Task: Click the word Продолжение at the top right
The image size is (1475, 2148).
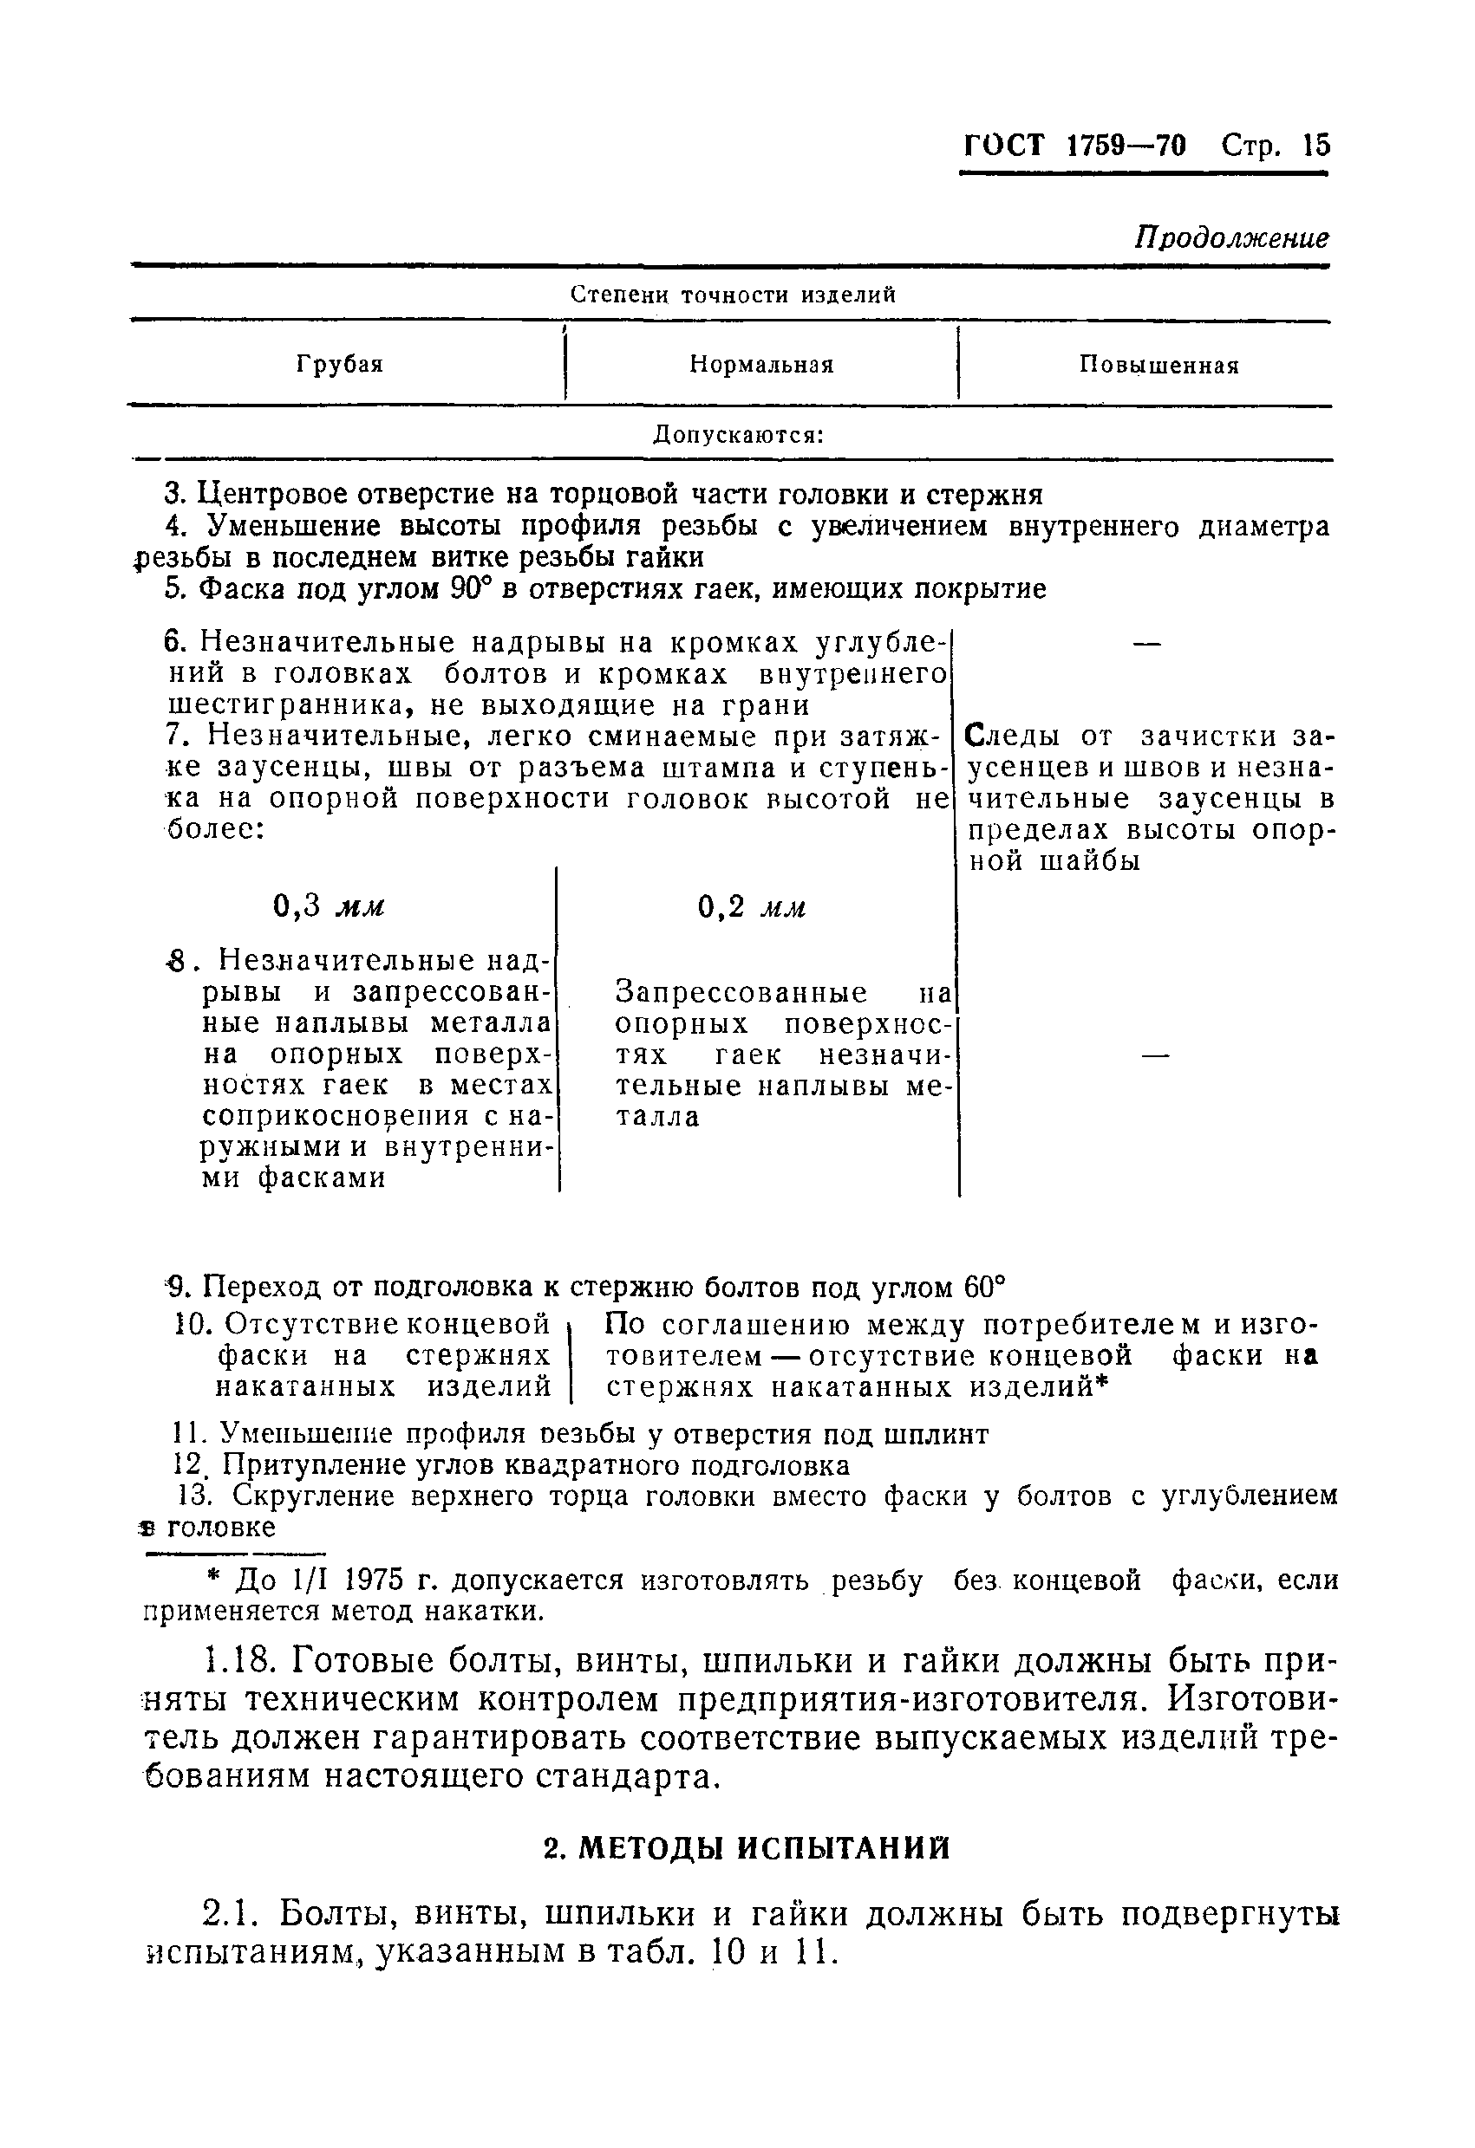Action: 1232,238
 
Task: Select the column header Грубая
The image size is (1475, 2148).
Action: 339,364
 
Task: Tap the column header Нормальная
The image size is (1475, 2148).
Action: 761,365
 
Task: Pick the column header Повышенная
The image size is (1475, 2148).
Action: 1158,365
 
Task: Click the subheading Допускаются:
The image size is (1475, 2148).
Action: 738,434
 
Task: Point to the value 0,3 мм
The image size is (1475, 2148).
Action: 329,906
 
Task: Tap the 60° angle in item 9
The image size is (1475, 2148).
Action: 983,1287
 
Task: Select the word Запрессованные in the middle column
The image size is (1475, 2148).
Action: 741,993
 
